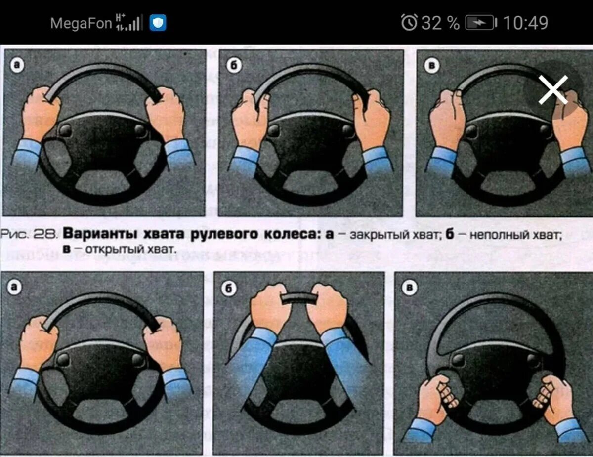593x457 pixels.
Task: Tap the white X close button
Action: coord(553,90)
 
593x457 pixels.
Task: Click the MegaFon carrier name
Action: coord(81,23)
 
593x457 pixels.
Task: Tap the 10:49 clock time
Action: coord(525,23)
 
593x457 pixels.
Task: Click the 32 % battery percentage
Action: coord(440,23)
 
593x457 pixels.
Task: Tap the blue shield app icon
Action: coord(158,23)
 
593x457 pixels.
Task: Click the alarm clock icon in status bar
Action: coord(409,22)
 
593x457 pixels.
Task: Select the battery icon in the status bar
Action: coord(481,23)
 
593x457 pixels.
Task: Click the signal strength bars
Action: coord(129,23)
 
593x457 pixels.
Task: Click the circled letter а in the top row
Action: coord(17,65)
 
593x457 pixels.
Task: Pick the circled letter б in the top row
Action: coord(234,66)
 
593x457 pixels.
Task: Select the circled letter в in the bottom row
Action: coord(409,288)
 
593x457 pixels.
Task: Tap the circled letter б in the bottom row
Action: coord(229,288)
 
